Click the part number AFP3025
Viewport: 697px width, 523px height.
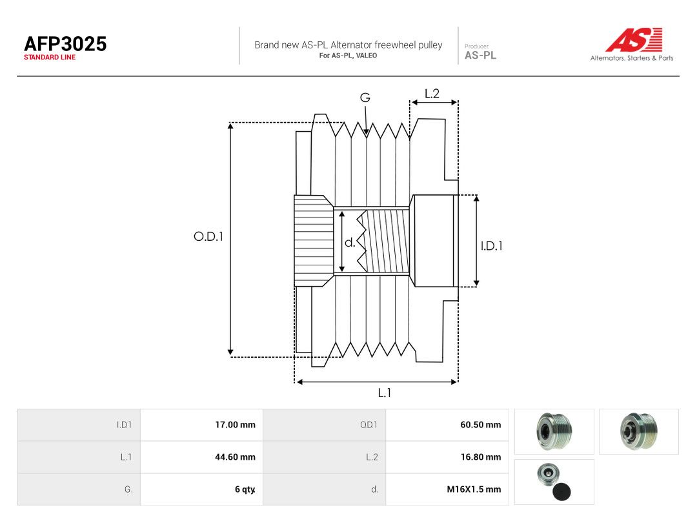pyautogui.click(x=65, y=44)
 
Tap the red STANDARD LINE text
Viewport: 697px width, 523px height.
pyautogui.click(x=50, y=57)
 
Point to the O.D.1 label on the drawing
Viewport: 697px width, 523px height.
pyautogui.click(x=208, y=236)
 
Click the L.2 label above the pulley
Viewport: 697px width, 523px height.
pyautogui.click(x=432, y=94)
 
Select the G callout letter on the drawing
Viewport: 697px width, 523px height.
pyautogui.click(x=365, y=97)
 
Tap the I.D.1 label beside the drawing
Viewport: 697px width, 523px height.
pyautogui.click(x=492, y=245)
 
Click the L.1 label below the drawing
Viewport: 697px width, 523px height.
pyautogui.click(x=385, y=393)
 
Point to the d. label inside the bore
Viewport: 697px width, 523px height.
pyautogui.click(x=350, y=242)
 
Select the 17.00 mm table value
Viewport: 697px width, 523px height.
pyautogui.click(x=235, y=425)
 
